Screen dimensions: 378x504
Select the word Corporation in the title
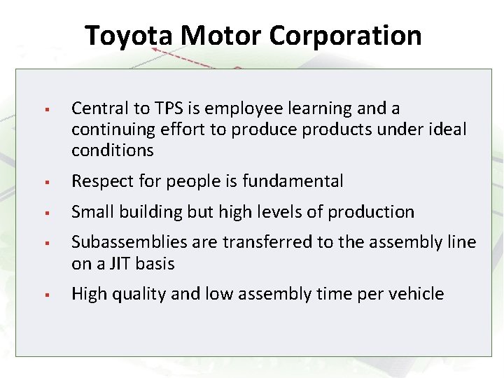[345, 35]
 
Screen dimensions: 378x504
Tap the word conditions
[112, 150]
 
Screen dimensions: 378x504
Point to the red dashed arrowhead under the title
[156, 51]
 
